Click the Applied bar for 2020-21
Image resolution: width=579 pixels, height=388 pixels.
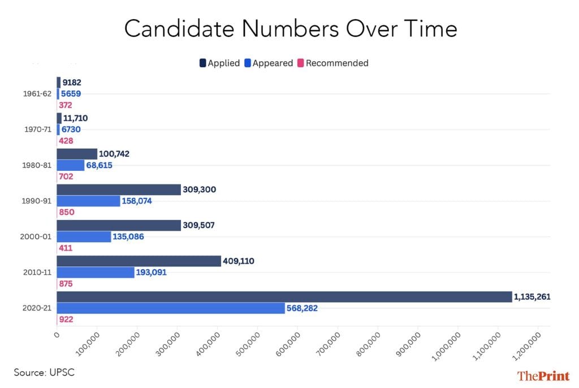pos(283,297)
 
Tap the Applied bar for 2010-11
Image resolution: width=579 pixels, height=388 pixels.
pos(139,261)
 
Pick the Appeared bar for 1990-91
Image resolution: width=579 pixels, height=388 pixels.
pos(88,201)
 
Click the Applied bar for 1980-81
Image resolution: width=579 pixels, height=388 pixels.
pos(77,154)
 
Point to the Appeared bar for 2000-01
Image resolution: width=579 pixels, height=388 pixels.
pos(84,236)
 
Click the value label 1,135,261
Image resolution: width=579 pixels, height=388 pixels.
pos(532,296)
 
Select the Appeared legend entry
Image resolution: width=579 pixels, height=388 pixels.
pos(269,63)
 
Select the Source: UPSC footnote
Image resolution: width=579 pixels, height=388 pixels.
pos(44,372)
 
